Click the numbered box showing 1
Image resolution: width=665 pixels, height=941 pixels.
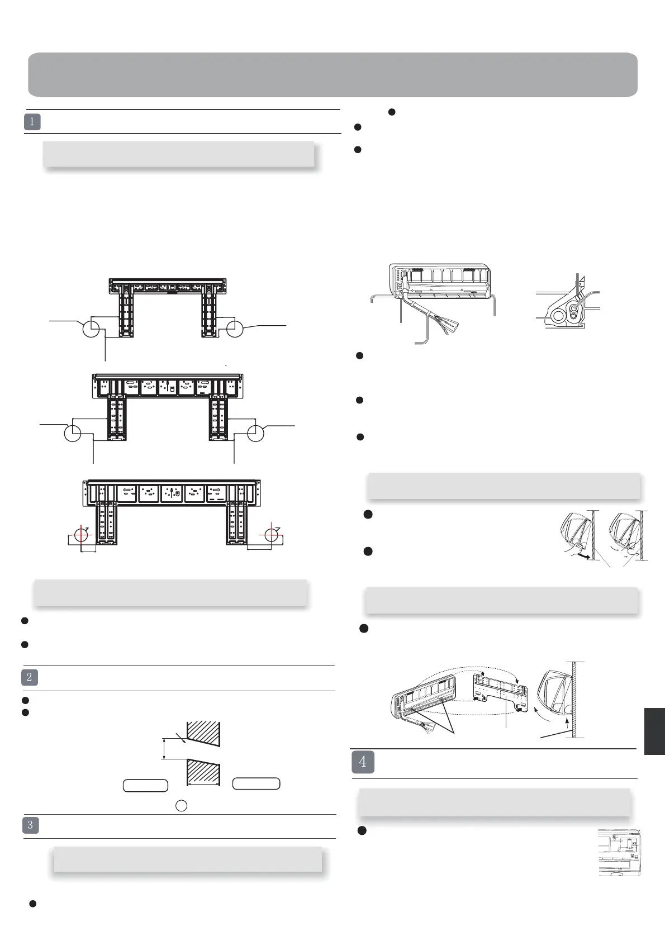pos(32,122)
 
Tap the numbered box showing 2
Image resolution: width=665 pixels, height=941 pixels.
pos(30,678)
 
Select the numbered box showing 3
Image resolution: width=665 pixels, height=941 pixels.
pos(31,825)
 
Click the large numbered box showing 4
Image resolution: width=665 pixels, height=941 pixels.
pos(363,762)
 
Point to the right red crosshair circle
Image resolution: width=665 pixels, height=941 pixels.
pos(272,534)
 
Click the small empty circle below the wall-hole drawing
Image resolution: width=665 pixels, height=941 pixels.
pos(182,805)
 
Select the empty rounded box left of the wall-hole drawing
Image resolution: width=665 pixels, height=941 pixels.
pos(145,785)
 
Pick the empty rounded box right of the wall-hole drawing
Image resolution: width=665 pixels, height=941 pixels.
pos(256,783)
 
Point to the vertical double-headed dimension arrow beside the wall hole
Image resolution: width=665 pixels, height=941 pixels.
pos(164,749)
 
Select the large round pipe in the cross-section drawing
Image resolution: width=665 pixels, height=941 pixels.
pos(557,316)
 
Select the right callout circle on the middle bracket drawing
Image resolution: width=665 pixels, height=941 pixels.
pos(255,433)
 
